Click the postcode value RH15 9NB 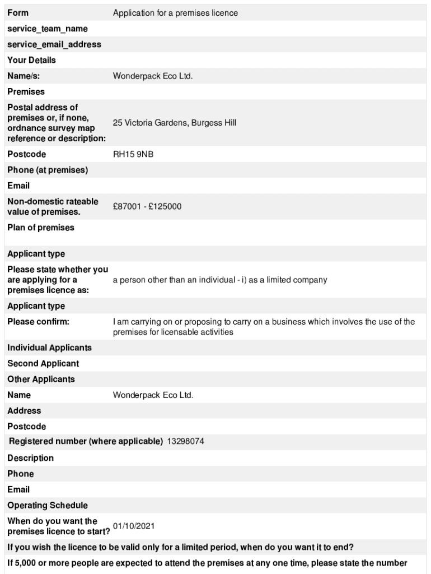pyautogui.click(x=133, y=154)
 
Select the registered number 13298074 pyautogui.click(x=185, y=441)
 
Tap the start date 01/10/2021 pyautogui.click(x=134, y=526)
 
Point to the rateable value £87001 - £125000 pyautogui.click(x=147, y=206)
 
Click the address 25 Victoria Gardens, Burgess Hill pyautogui.click(x=175, y=122)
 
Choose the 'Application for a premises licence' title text pyautogui.click(x=175, y=13)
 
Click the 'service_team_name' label pyautogui.click(x=48, y=29)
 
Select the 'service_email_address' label pyautogui.click(x=54, y=44)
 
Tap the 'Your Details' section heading pyautogui.click(x=32, y=60)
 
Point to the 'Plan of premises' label pyautogui.click(x=41, y=228)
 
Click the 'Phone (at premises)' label pyautogui.click(x=48, y=170)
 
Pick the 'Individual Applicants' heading pyautogui.click(x=49, y=348)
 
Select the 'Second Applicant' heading pyautogui.click(x=43, y=363)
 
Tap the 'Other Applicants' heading pyautogui.click(x=41, y=379)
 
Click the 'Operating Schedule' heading pyautogui.click(x=48, y=505)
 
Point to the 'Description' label pyautogui.click(x=31, y=458)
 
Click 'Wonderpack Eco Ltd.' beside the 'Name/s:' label pyautogui.click(x=153, y=76)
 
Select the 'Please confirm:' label pyautogui.click(x=39, y=322)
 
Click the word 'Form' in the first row pyautogui.click(x=18, y=13)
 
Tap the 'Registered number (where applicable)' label pyautogui.click(x=86, y=441)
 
